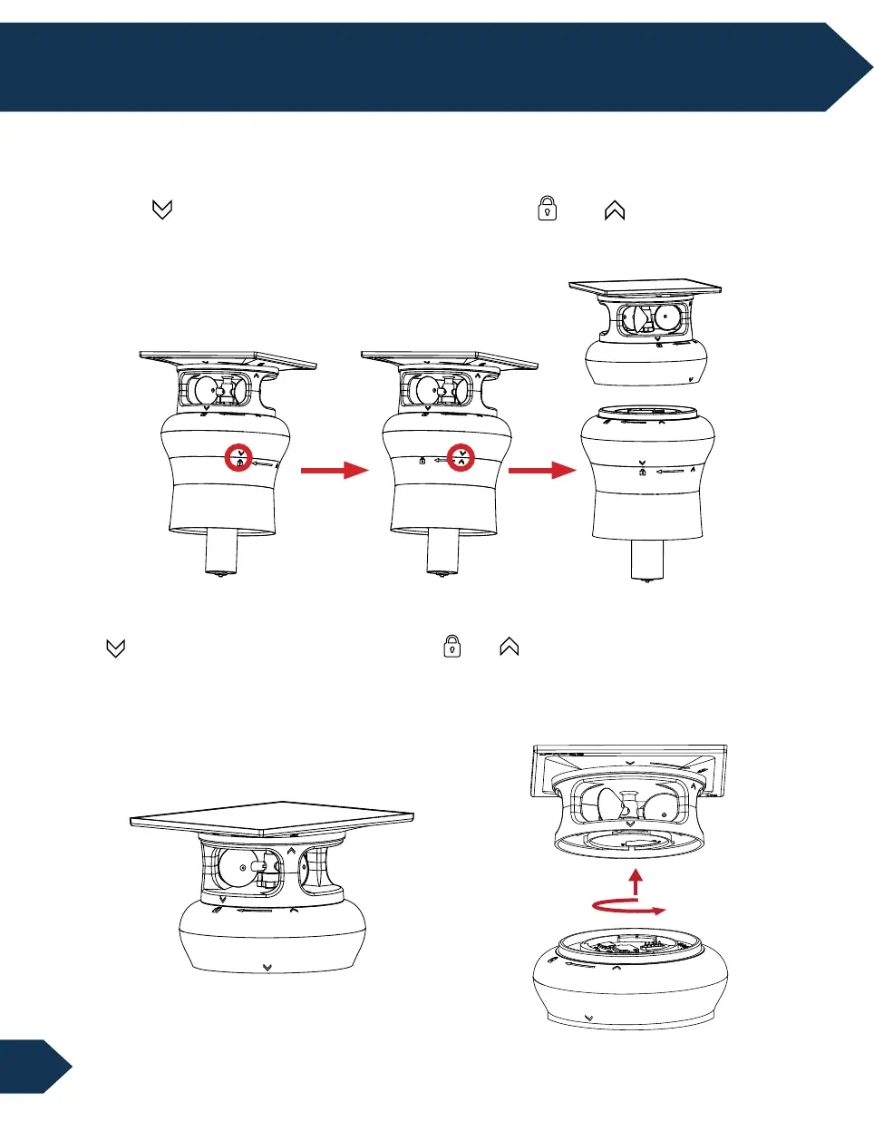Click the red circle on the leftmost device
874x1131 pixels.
point(239,458)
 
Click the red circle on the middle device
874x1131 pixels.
point(461,457)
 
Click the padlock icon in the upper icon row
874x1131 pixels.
point(547,209)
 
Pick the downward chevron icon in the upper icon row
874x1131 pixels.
point(162,210)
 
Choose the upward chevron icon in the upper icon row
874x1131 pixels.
point(615,210)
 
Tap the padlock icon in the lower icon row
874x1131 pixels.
point(452,647)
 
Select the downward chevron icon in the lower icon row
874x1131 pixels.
point(115,648)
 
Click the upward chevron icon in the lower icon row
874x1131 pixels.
point(509,647)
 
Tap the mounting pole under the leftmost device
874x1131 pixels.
point(223,552)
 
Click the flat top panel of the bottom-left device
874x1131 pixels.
point(272,814)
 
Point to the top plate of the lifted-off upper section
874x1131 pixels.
point(645,287)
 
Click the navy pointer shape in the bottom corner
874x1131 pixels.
point(34,1067)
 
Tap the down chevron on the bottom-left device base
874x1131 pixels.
point(267,968)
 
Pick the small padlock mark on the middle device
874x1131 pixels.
point(422,462)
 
